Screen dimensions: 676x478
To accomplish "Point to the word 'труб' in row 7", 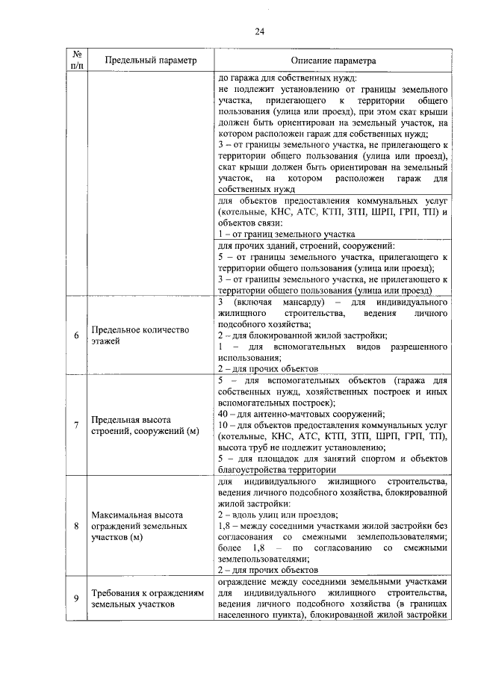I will pos(261,447).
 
